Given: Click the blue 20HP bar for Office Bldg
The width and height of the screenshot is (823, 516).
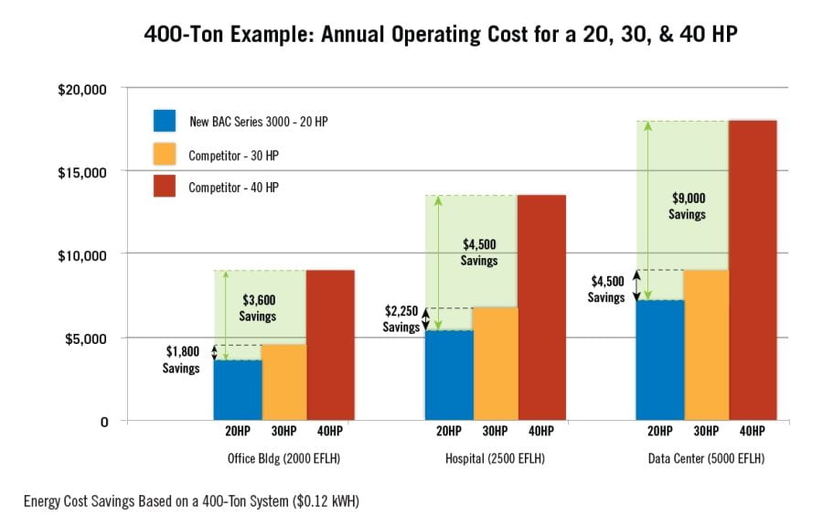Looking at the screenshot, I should (238, 390).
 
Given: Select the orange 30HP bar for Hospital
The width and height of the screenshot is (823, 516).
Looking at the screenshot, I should (495, 363).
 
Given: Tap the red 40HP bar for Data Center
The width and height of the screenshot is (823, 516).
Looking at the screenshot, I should (752, 270).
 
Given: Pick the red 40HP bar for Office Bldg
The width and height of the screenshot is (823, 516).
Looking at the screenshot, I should (330, 345).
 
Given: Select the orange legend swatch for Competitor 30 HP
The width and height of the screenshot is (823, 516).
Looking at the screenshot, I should (166, 155).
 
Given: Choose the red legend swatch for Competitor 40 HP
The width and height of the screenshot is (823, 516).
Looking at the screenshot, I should (166, 188).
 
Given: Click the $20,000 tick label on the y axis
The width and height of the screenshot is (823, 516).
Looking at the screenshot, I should (82, 90).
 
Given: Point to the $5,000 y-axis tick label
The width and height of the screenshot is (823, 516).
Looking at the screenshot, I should (86, 339).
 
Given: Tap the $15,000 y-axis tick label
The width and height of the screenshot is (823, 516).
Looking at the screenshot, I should (82, 172).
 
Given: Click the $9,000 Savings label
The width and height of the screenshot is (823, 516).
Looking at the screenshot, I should (687, 206).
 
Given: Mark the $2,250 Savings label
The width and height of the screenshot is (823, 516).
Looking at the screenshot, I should (401, 319).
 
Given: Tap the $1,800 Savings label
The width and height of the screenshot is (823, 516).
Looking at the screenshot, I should (181, 360).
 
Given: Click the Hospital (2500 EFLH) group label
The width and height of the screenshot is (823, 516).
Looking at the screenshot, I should (496, 458).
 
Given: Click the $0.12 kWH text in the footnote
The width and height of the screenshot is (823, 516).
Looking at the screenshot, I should (331, 500).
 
